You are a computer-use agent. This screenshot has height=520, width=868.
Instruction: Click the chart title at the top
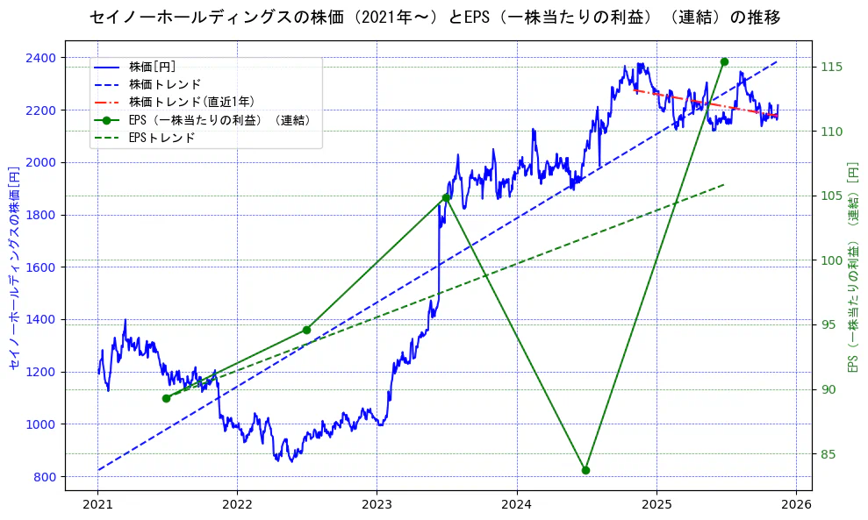434,18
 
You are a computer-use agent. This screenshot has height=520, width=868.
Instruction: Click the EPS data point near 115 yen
724,61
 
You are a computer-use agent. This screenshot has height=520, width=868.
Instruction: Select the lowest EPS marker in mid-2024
585,470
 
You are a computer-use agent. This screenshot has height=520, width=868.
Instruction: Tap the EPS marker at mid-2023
446,197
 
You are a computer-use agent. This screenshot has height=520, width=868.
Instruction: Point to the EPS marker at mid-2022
306,330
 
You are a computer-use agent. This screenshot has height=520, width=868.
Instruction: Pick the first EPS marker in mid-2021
167,398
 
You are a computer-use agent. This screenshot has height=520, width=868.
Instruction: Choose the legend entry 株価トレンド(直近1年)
183,102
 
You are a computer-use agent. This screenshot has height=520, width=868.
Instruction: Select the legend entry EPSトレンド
161,138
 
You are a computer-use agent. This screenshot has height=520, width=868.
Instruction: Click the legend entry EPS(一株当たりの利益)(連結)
219,120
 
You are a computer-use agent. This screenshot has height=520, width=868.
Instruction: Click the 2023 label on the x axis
377,505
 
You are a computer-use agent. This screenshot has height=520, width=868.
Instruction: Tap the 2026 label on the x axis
796,505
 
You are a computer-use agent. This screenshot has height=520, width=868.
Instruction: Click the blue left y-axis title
14,267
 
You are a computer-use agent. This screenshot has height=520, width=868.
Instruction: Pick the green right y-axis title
852,267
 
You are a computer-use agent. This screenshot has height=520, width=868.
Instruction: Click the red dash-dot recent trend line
702,103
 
